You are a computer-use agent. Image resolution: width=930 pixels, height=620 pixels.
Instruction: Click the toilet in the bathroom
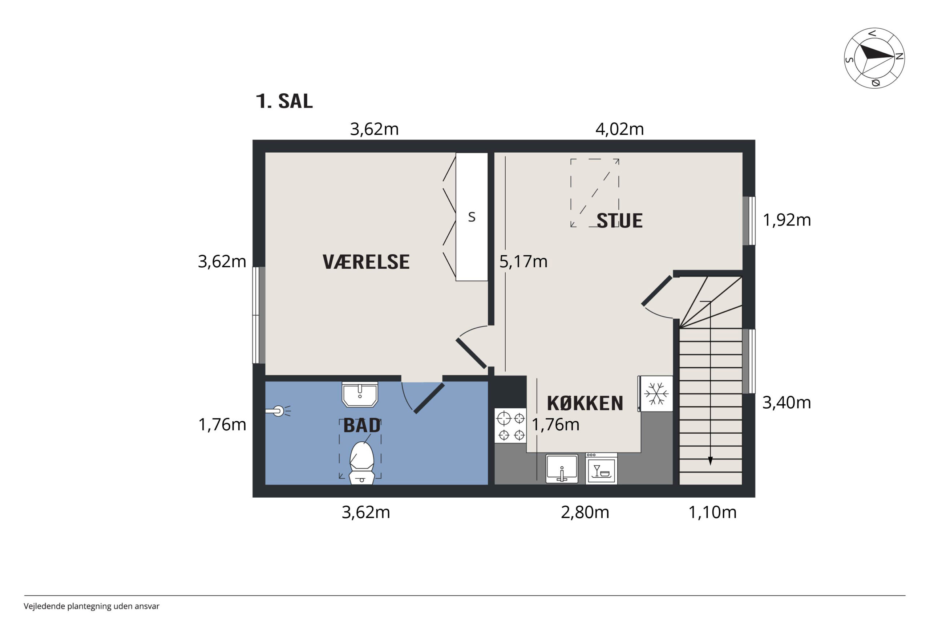click(x=362, y=463)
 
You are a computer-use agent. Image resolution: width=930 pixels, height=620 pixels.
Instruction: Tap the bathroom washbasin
click(x=360, y=394)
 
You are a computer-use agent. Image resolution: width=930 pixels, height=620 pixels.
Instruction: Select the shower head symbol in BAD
click(x=278, y=411)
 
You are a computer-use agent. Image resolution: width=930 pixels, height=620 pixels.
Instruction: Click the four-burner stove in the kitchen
click(x=510, y=426)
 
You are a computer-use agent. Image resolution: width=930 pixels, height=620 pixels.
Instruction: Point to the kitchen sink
click(x=562, y=469)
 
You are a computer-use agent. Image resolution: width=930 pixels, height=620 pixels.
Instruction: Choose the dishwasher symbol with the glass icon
click(x=602, y=469)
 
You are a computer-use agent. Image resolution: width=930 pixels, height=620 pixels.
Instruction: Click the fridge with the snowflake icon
click(x=656, y=394)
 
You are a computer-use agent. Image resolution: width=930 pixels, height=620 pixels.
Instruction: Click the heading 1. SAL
click(x=284, y=101)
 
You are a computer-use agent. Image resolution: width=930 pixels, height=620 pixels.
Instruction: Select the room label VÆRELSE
click(x=366, y=262)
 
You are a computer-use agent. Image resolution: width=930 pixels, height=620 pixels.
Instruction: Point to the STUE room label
click(x=620, y=220)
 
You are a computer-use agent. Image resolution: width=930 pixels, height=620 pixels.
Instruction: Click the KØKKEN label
click(x=585, y=403)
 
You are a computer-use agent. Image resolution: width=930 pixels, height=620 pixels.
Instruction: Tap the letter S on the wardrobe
click(x=472, y=217)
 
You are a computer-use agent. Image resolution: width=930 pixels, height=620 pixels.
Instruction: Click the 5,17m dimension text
click(x=523, y=262)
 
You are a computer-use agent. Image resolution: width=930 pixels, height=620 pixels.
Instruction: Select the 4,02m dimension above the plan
click(x=620, y=129)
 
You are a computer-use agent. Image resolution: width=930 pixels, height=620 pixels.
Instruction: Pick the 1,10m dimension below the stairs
click(x=712, y=512)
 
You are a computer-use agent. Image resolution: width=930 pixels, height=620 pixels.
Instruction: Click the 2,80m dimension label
click(x=585, y=512)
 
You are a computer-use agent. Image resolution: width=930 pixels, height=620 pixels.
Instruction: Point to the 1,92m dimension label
click(x=787, y=220)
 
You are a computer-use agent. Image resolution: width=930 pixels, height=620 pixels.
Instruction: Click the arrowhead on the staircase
click(x=710, y=461)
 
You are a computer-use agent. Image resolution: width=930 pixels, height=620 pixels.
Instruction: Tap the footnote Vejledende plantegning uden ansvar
click(x=91, y=606)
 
